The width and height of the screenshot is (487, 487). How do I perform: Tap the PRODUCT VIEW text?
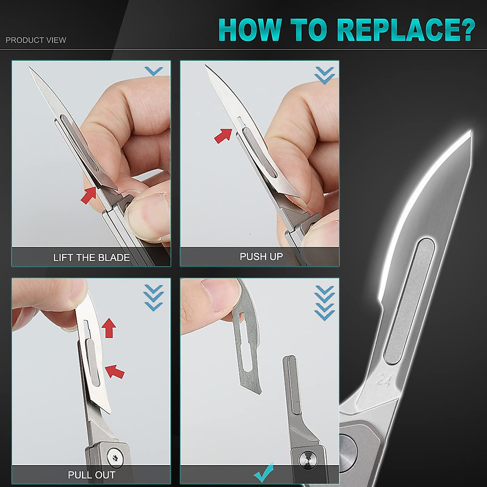point(36,40)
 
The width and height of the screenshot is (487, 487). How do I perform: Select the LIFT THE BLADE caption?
point(91,258)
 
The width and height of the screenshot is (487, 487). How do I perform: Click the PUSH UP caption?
point(261,256)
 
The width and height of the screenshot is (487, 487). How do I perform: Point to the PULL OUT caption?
point(91,475)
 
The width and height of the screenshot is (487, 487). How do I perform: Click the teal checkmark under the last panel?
point(263,472)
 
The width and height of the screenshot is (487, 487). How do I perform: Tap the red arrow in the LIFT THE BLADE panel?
point(89,195)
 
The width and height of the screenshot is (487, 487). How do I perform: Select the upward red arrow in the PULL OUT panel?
point(108,328)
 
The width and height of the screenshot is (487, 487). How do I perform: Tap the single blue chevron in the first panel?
point(153,71)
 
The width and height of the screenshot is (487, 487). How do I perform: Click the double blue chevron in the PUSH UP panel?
point(324,75)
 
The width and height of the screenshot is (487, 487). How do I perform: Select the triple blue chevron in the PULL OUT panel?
point(153,297)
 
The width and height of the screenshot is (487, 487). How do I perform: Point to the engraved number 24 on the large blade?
point(384,380)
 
